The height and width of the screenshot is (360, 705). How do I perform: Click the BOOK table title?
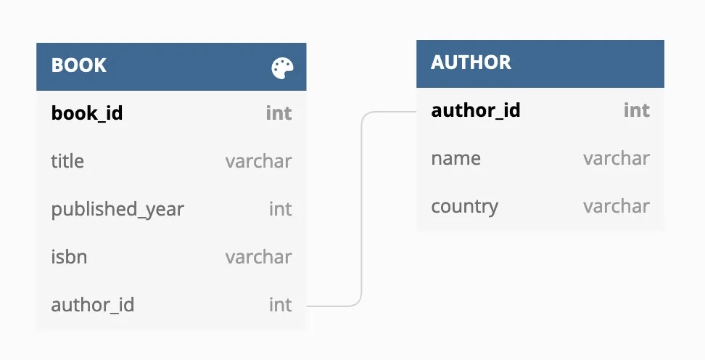tap(78, 65)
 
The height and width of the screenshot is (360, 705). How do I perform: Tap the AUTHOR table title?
tap(471, 62)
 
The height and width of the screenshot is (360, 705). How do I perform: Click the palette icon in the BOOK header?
tap(283, 68)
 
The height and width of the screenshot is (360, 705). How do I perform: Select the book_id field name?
tap(86, 113)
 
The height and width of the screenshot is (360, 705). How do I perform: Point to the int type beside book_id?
tap(279, 113)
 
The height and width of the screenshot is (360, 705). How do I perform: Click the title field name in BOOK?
tap(67, 161)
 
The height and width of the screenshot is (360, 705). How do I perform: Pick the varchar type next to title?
tap(258, 161)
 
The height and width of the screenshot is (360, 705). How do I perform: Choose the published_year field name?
tap(117, 209)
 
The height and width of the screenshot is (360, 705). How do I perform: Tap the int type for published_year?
tap(280, 209)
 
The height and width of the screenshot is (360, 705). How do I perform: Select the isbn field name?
tap(69, 257)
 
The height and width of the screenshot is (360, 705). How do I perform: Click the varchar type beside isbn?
tap(258, 257)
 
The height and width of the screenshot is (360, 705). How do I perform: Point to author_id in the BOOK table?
tap(92, 305)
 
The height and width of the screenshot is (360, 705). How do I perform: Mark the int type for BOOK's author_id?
tap(280, 305)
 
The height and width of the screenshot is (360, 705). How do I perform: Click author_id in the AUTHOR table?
tap(475, 110)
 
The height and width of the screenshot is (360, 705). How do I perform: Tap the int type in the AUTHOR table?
tap(636, 110)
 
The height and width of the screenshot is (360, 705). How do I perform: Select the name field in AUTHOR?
tap(455, 158)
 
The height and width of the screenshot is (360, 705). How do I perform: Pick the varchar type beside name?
tap(616, 158)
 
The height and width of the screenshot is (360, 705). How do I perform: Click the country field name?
tap(464, 206)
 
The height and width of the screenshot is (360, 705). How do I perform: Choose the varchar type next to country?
tap(616, 206)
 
